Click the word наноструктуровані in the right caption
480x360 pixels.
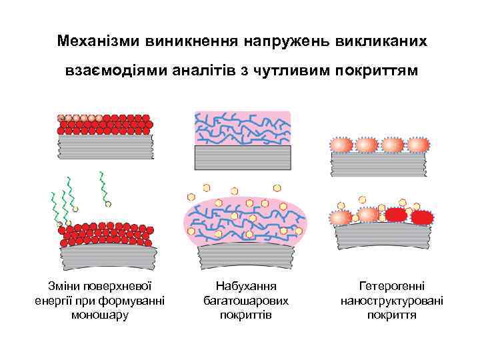click(x=392, y=300)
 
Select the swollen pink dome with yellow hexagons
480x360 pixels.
click(x=245, y=220)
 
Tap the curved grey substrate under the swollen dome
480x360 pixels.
click(x=245, y=252)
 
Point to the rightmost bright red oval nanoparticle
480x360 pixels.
click(x=421, y=217)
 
